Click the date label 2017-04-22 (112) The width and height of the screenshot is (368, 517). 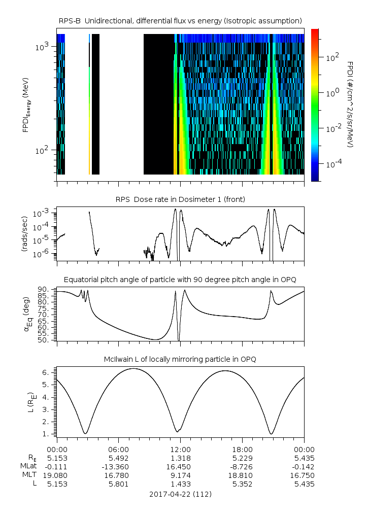point(180,494)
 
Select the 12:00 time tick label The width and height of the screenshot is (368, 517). point(180,449)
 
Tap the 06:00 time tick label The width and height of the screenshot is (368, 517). point(118,449)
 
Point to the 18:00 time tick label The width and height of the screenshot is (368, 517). point(242,449)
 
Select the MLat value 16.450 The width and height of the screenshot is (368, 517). point(180,466)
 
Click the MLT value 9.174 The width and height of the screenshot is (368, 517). point(180,475)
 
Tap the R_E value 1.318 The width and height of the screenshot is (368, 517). point(180,458)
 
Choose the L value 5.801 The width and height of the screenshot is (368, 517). point(118,484)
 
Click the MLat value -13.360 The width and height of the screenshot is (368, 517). point(118,466)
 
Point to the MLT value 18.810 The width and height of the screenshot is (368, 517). point(242,475)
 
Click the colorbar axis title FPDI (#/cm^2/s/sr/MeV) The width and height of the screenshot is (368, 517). point(350,104)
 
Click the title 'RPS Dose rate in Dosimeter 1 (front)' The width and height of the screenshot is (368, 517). point(180,199)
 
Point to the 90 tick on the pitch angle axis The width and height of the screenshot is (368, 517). point(44,289)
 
